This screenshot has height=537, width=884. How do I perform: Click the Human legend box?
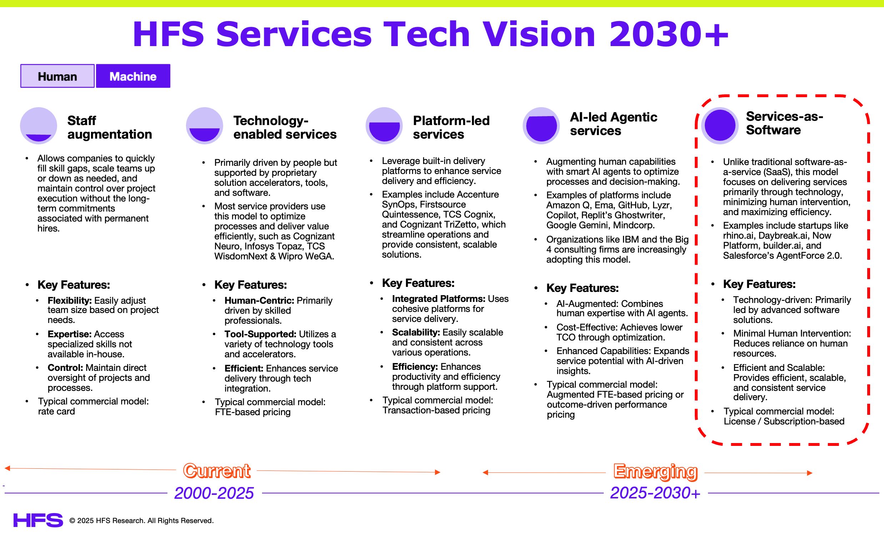57,76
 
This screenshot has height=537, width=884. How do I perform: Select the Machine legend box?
133,76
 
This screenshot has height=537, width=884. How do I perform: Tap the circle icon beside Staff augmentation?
39,126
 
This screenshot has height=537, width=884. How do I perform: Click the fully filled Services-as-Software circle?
720,125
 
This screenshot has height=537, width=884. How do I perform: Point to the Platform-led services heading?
451,127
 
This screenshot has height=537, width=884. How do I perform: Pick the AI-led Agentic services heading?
613,124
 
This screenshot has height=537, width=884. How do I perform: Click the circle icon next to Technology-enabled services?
205,126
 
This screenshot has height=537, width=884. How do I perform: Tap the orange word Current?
216,471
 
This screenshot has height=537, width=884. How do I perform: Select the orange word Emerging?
655,471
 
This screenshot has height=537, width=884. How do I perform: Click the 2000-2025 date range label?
214,493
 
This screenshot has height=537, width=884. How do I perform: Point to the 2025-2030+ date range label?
655,493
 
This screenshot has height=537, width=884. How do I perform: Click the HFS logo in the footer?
38,520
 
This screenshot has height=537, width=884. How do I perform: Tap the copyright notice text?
141,521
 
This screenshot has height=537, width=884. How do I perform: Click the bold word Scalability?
416,332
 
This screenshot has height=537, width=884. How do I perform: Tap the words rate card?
56,411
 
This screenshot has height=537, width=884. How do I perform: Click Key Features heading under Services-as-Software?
759,284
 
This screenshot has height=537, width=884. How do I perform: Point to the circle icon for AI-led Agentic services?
541,126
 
